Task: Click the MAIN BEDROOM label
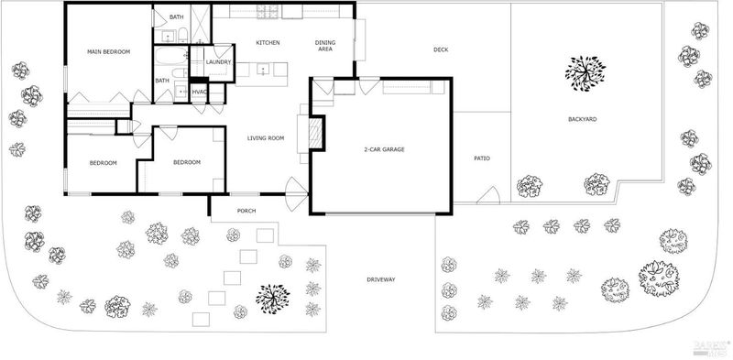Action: click(x=108, y=52)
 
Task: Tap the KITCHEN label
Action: click(x=268, y=43)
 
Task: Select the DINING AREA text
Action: click(x=325, y=46)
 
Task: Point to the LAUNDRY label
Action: click(x=218, y=62)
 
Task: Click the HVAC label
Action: click(x=199, y=92)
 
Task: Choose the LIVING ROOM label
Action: click(x=266, y=138)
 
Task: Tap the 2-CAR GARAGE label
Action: click(x=384, y=150)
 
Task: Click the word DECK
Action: click(x=441, y=49)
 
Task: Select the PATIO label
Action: click(x=482, y=158)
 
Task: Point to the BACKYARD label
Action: click(x=582, y=120)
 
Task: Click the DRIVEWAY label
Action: click(x=380, y=279)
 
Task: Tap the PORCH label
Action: click(x=246, y=211)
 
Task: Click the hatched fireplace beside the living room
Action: click(x=315, y=133)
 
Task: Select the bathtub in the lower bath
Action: click(x=170, y=56)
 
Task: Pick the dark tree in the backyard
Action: click(x=585, y=73)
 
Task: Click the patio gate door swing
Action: click(x=489, y=195)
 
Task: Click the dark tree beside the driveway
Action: click(x=272, y=299)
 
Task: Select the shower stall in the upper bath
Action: click(x=201, y=25)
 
